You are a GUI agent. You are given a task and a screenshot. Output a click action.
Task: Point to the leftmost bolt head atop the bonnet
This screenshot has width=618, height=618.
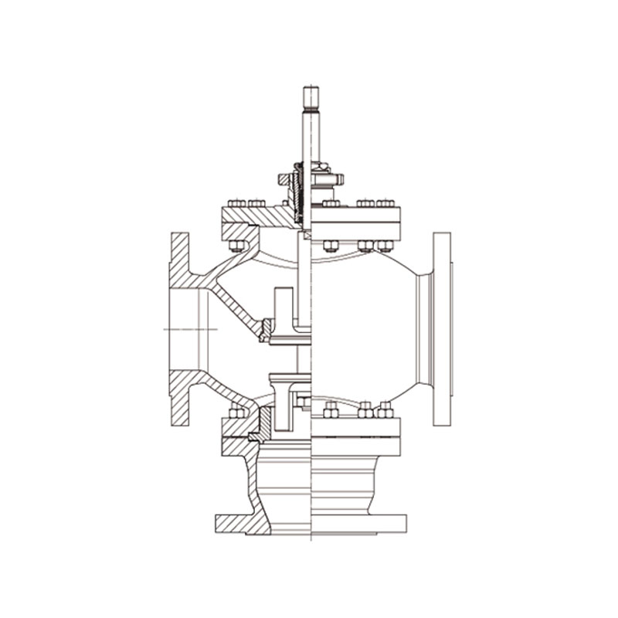[235, 203]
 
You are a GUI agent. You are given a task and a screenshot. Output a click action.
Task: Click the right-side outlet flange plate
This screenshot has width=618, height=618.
[442, 328]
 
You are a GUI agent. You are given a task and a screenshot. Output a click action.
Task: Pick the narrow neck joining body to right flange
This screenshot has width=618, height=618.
[423, 328]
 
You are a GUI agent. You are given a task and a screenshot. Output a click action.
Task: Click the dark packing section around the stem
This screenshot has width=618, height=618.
[297, 189]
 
